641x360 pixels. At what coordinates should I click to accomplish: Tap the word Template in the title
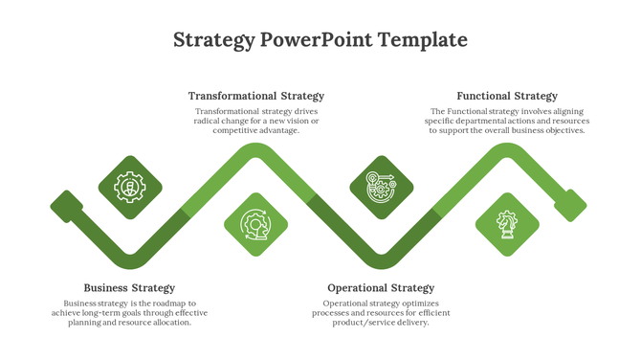pos(423,40)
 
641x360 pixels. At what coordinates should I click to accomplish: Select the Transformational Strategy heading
pos(256,96)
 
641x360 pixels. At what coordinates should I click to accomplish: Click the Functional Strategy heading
pos(507,96)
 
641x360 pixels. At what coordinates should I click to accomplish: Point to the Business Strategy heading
pos(129,288)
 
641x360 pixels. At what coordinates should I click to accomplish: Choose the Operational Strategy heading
pos(381,288)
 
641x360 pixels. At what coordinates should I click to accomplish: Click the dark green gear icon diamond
pos(130,187)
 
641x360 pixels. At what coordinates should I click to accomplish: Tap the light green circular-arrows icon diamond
pos(255,225)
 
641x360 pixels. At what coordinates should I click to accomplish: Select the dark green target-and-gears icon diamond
pos(380,186)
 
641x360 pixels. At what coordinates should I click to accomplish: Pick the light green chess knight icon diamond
pos(506,225)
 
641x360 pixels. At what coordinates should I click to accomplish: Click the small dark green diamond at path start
pos(66,205)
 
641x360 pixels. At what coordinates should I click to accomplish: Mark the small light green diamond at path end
pos(571,205)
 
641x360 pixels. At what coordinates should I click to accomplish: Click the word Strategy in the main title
pos(214,40)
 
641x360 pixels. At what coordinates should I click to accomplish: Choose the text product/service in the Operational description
pos(357,323)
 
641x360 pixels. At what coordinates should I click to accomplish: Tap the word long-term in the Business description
pos(100,313)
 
